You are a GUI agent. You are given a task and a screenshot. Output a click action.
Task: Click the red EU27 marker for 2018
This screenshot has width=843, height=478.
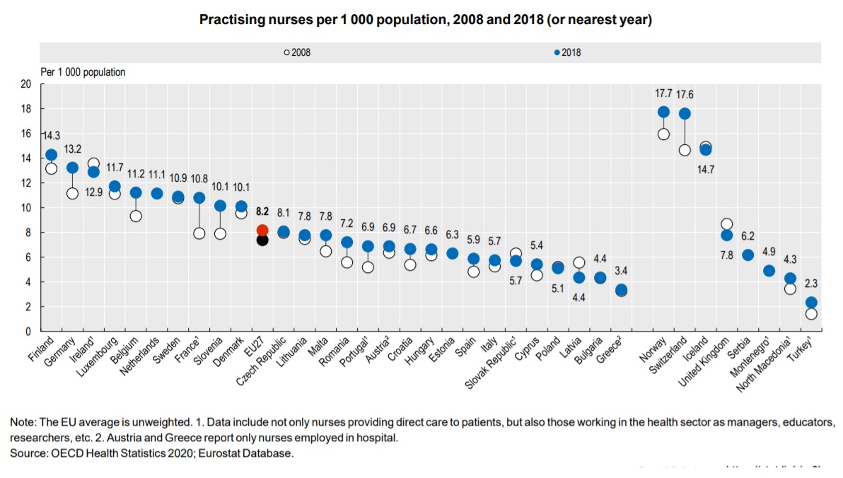point(262,230)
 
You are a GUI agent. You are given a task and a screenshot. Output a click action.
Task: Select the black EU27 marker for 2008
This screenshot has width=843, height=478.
point(262,240)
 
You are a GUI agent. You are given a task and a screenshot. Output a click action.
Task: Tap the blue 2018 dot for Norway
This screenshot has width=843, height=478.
point(663,112)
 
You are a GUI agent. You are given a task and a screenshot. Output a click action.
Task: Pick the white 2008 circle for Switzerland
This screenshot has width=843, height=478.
point(684,150)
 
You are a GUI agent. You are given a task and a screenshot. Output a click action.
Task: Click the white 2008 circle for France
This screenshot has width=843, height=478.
point(199,233)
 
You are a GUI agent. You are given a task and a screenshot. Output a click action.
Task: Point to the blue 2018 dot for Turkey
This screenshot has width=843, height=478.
point(811,303)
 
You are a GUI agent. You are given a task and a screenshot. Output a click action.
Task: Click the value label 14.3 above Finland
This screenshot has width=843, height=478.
point(51,135)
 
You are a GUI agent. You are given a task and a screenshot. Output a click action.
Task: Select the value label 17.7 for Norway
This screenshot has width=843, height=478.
point(663,92)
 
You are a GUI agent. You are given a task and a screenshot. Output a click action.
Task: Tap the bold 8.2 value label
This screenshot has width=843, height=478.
point(262,211)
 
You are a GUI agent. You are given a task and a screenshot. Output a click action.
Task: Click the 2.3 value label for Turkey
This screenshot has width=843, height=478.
point(811,284)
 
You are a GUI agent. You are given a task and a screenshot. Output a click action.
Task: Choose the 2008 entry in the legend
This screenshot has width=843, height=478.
point(297,52)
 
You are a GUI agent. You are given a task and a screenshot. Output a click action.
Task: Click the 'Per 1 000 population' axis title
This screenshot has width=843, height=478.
point(83,72)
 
